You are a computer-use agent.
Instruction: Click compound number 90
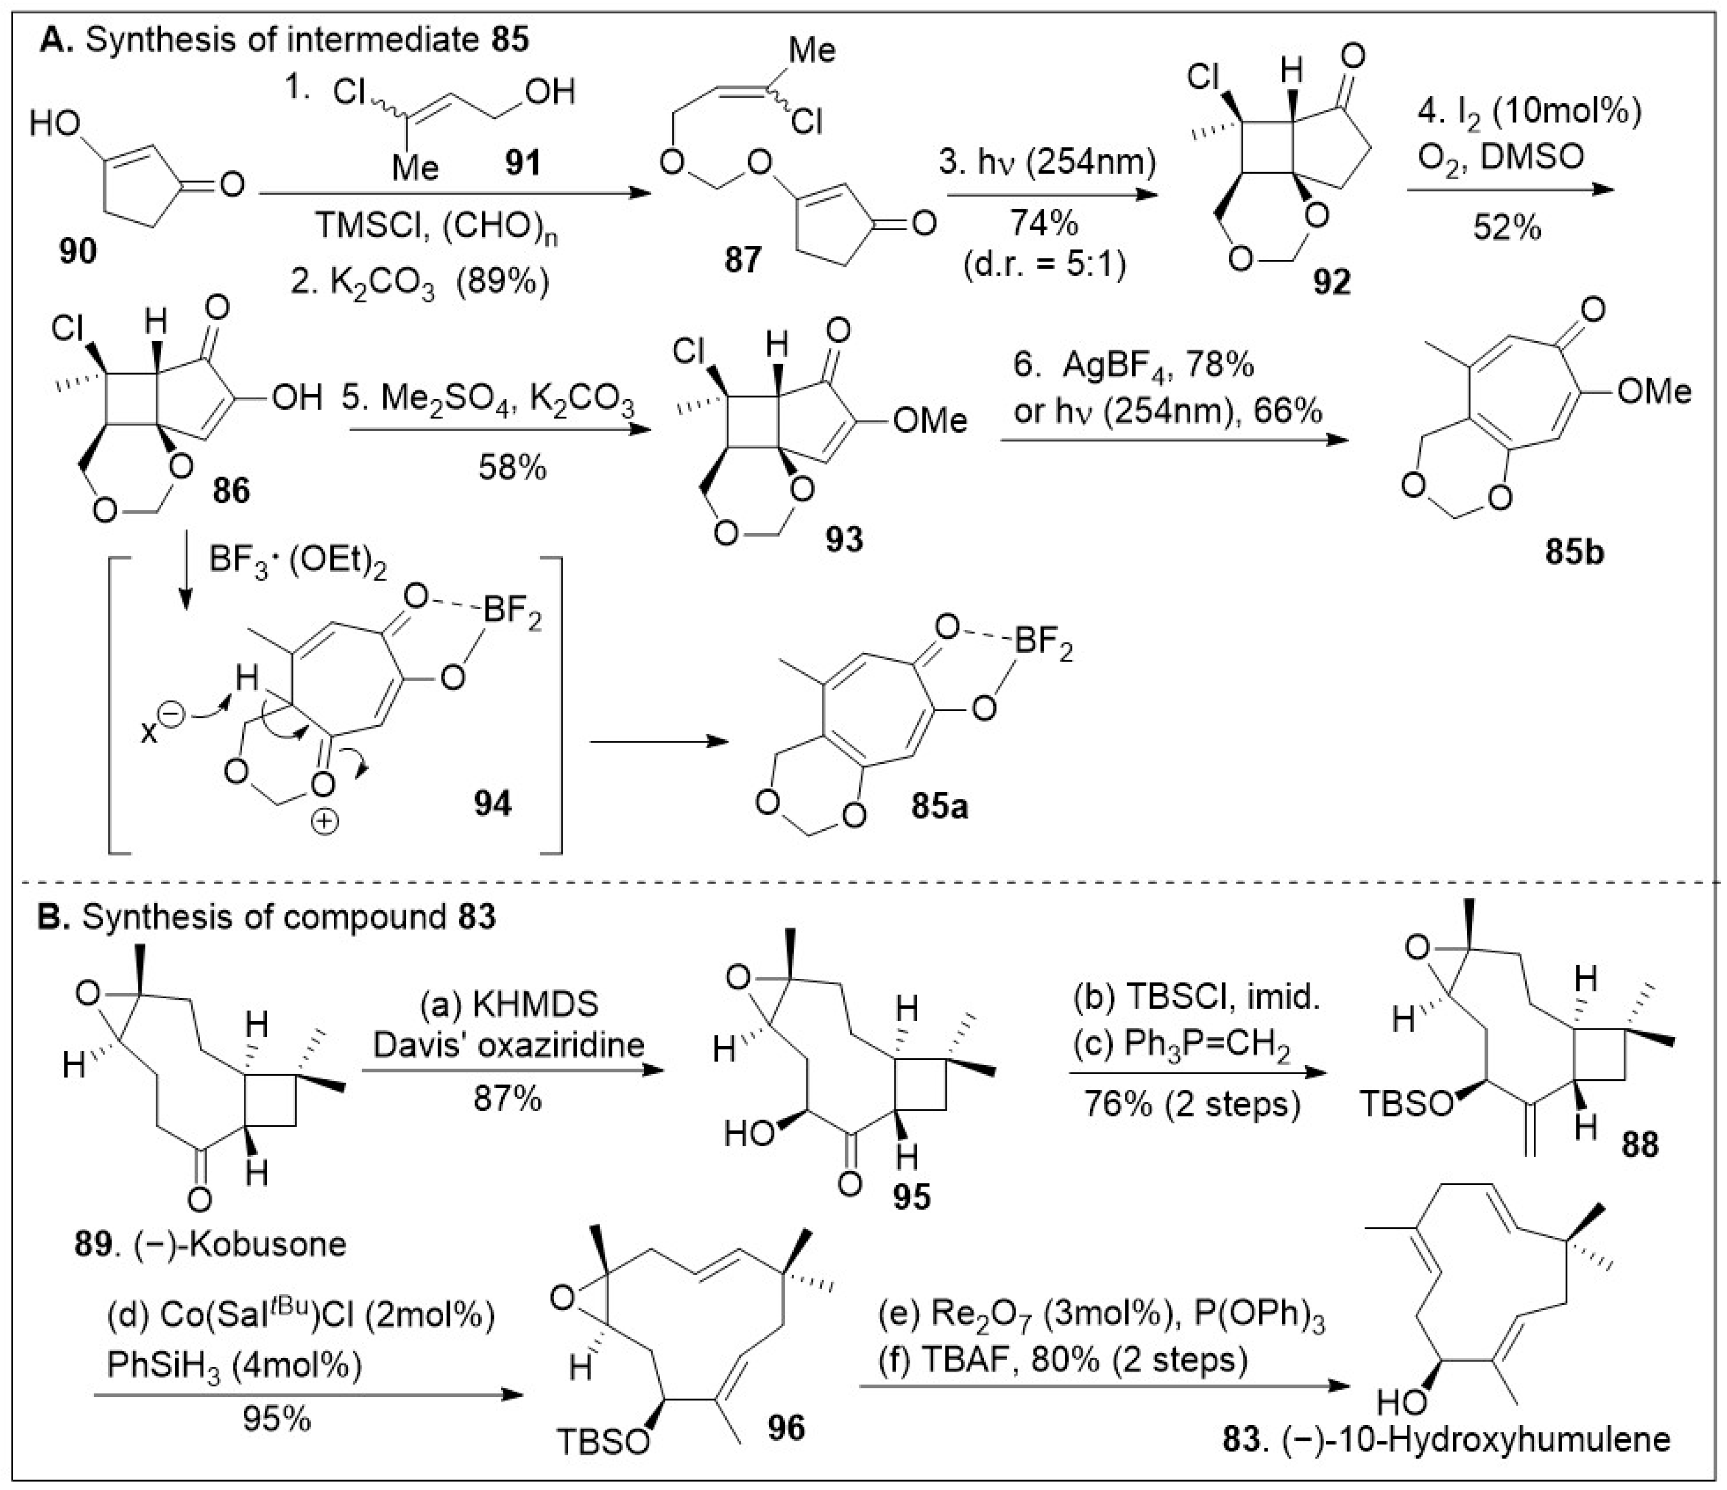click(77, 251)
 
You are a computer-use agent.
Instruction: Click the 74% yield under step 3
click(1044, 223)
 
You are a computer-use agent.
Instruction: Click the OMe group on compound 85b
click(1654, 392)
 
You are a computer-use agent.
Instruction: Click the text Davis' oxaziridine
click(509, 1044)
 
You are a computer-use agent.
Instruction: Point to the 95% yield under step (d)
click(278, 1417)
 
